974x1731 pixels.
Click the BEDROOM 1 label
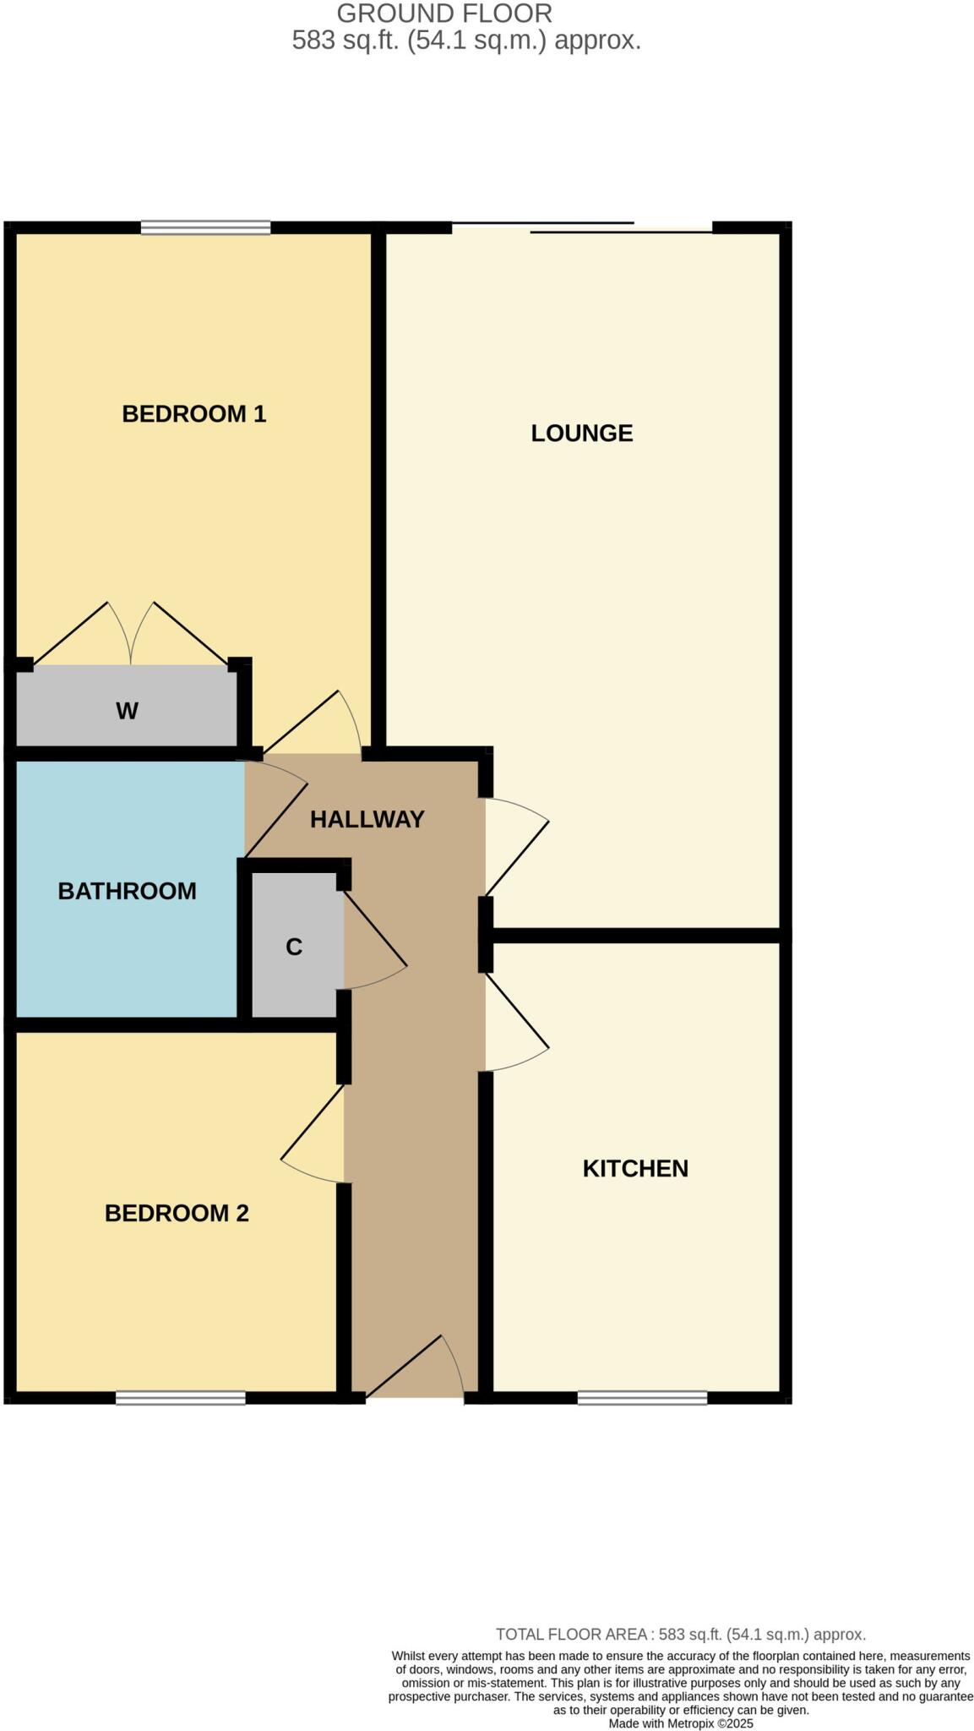pyautogui.click(x=194, y=413)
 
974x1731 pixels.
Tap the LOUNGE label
pyautogui.click(x=581, y=433)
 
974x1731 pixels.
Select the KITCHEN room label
pyautogui.click(x=635, y=1168)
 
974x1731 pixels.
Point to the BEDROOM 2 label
pyautogui.click(x=177, y=1213)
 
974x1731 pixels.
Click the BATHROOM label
pyautogui.click(x=127, y=891)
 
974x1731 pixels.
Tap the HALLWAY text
pyautogui.click(x=367, y=819)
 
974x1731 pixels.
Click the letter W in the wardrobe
pyautogui.click(x=127, y=711)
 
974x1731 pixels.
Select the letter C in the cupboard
pyautogui.click(x=294, y=947)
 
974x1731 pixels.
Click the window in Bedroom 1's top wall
pyautogui.click(x=205, y=227)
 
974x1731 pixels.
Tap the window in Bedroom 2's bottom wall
pyautogui.click(x=180, y=1398)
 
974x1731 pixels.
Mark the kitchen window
pyautogui.click(x=642, y=1398)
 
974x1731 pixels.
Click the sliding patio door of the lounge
pyautogui.click(x=582, y=227)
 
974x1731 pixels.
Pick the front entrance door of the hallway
pyautogui.click(x=414, y=1369)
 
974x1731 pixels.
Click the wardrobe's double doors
pyautogui.click(x=131, y=634)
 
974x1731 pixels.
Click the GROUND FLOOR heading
pyautogui.click(x=444, y=14)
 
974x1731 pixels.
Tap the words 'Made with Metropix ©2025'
pyautogui.click(x=681, y=1723)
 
